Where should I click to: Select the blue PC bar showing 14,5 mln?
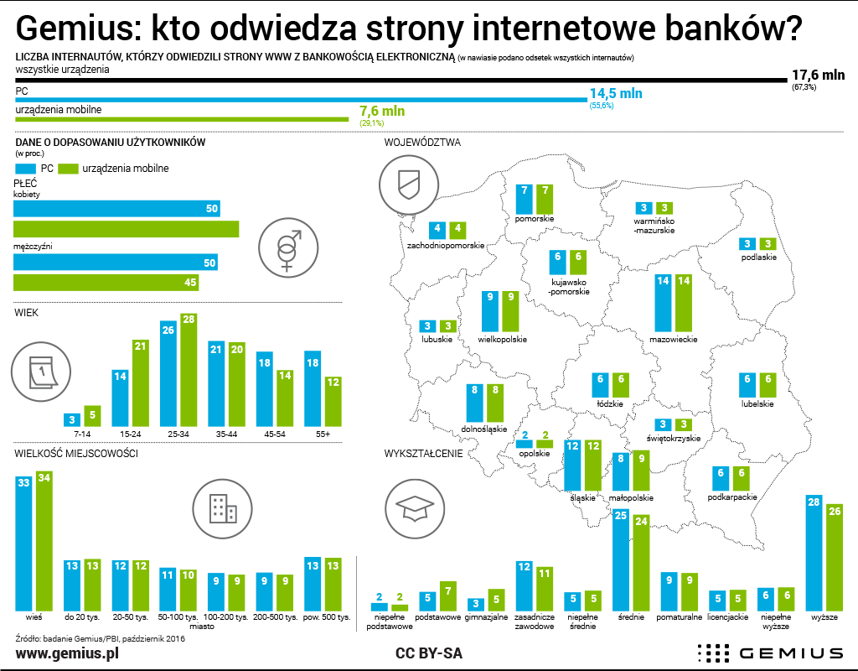point(301,100)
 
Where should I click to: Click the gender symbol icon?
point(287,245)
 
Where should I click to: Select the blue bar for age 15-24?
point(121,398)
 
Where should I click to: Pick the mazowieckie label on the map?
point(674,340)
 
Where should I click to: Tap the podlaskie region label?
point(759,257)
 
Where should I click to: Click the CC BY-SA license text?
point(428,653)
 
